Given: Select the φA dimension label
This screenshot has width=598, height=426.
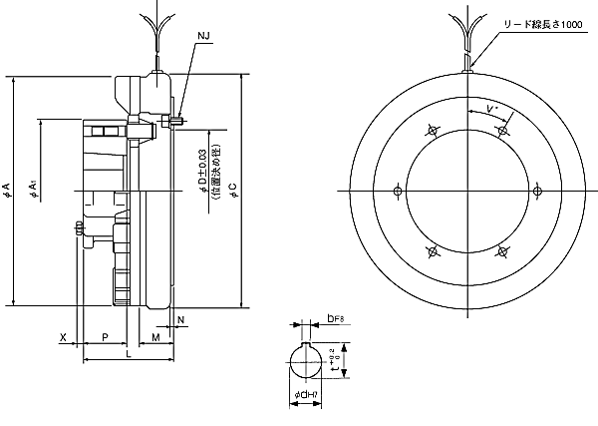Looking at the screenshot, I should click(x=8, y=190).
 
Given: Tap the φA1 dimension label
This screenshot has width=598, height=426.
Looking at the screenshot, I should click(x=34, y=189).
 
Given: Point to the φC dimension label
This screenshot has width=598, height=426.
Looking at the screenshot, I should click(x=231, y=190).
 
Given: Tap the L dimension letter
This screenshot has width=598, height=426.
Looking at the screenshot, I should click(x=128, y=355).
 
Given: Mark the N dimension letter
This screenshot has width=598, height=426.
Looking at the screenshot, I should click(x=180, y=319).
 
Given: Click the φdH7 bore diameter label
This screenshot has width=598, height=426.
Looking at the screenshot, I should click(x=307, y=397).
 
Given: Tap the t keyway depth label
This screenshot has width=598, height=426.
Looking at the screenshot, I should click(x=349, y=362).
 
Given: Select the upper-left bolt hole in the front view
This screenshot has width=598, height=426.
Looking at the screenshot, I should click(x=432, y=130).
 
